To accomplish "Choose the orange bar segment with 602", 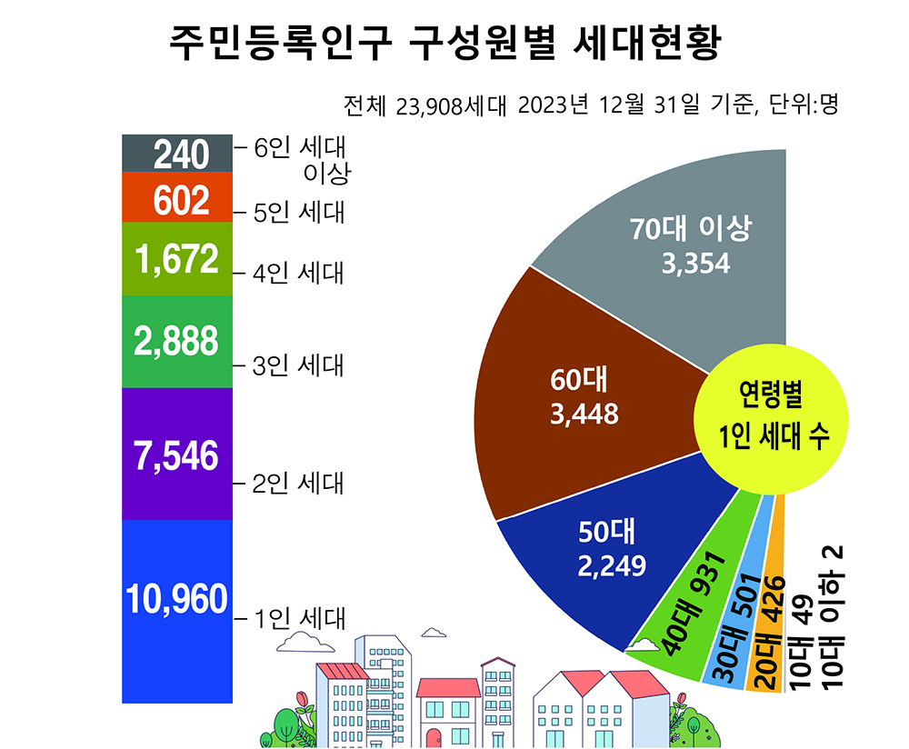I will (174, 200).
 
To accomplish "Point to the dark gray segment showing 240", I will (174, 154).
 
